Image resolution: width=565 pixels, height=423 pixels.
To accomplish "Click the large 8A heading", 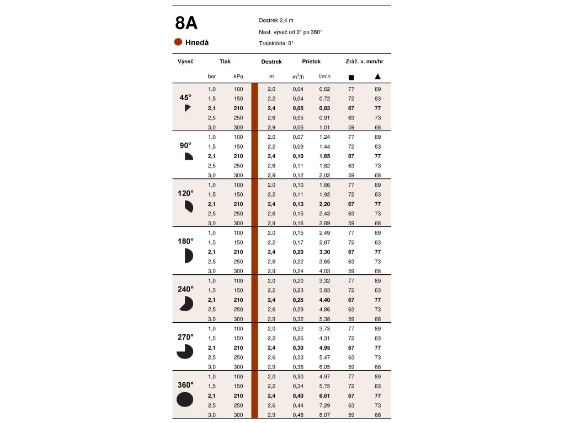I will tap(186, 24).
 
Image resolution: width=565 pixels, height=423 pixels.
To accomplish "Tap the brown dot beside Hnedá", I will tap(178, 42).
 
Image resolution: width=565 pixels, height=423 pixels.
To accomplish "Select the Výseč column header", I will tap(185, 62).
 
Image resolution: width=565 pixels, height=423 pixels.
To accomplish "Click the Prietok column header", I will tap(311, 62).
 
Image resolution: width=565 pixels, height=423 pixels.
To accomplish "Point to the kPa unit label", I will tap(238, 77).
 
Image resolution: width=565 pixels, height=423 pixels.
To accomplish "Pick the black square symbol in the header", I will tap(351, 77).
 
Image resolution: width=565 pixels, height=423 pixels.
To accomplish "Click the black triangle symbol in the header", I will tap(377, 77).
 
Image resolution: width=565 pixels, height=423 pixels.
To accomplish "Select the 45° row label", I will tap(185, 97).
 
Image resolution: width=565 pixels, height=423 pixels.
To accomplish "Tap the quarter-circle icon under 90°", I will tap(188, 156).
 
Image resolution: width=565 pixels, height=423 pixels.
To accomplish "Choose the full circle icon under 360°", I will tap(185, 399).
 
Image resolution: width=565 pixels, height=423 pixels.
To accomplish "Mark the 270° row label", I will tap(185, 337).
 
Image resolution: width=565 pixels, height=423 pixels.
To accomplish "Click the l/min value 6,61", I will tap(324, 396).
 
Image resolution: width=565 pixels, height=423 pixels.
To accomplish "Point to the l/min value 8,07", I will tap(324, 415).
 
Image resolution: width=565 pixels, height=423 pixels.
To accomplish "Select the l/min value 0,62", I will tap(324, 89).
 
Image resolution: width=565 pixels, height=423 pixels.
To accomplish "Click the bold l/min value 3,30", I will tap(324, 252).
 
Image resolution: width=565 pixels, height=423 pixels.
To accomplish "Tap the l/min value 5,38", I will tap(324, 319).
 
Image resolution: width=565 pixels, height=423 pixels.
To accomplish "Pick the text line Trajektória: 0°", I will tap(276, 43).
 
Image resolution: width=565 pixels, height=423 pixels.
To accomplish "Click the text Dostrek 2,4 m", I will tap(276, 20).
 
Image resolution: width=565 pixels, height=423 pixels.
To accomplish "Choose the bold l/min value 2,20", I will tap(324, 204).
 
